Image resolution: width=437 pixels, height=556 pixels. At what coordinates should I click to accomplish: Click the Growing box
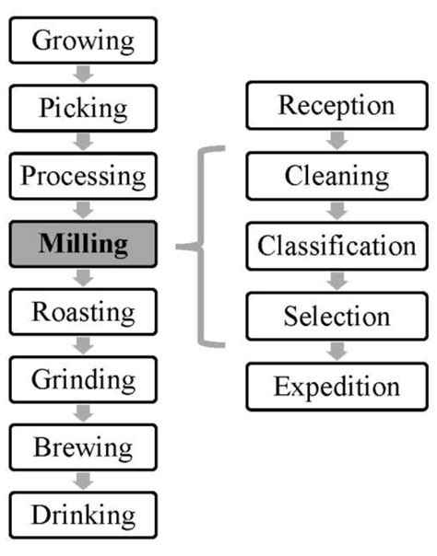coord(84,40)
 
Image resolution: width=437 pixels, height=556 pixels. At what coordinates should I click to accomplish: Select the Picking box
coord(84,108)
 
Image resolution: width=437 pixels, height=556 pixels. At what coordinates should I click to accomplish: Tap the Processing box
coord(84,176)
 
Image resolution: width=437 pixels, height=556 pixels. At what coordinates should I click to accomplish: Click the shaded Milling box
coord(84,244)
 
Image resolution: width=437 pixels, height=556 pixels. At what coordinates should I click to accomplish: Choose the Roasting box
coord(84,311)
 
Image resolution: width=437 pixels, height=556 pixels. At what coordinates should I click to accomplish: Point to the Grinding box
coord(84,379)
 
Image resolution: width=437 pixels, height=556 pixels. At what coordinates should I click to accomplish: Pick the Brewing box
coord(84,447)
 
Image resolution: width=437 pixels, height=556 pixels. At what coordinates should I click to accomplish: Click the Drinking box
coord(84,515)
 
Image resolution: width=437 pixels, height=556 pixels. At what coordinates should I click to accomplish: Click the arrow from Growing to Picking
coord(84,74)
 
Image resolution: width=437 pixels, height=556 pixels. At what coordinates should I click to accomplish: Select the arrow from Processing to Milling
coord(84,210)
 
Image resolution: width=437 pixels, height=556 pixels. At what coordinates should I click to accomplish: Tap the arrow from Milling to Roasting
coord(84,278)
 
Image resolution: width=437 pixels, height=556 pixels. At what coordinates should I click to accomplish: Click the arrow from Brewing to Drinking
coord(84,481)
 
